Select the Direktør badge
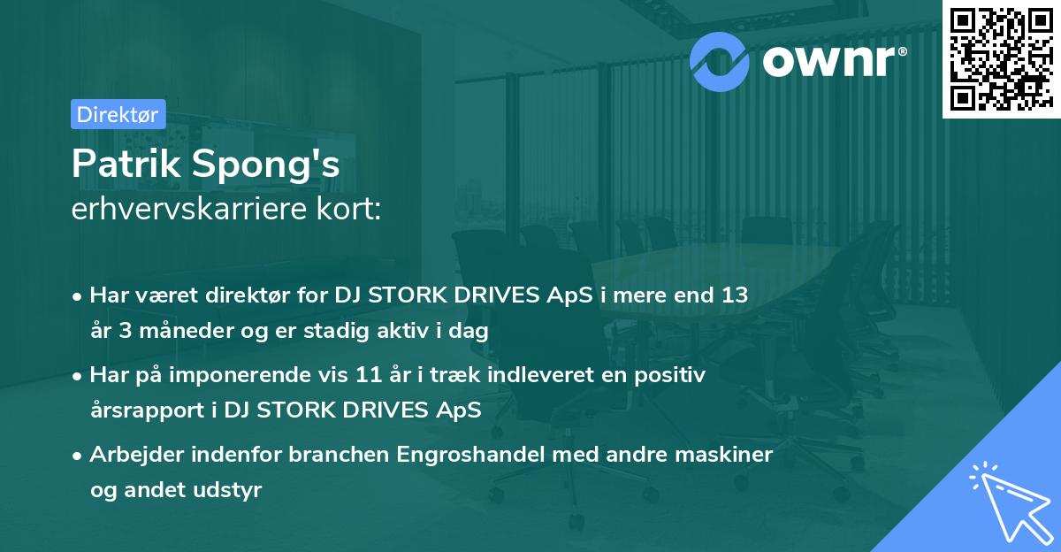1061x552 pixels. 118,114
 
